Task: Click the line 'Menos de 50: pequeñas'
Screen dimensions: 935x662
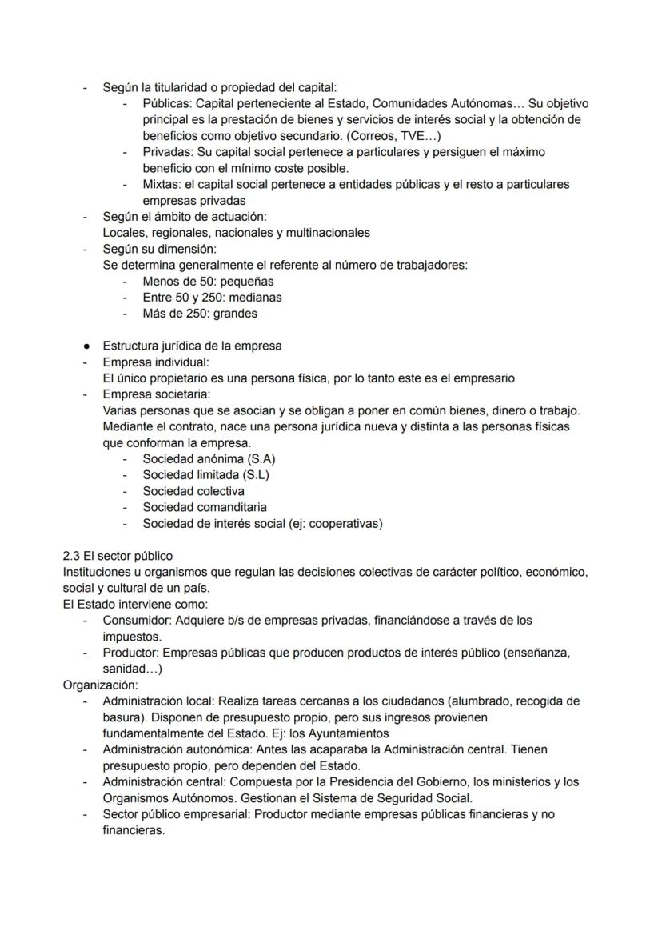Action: pos(207,282)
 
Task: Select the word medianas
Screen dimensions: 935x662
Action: pos(253,298)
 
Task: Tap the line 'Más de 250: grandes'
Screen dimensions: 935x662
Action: pos(199,314)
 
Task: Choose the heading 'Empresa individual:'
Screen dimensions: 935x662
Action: pos(155,362)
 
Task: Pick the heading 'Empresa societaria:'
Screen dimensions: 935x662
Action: pos(156,394)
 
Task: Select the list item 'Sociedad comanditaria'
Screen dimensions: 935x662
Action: pos(205,507)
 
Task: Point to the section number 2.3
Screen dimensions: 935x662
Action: pos(71,556)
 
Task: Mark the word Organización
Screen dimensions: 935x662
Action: pos(99,685)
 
